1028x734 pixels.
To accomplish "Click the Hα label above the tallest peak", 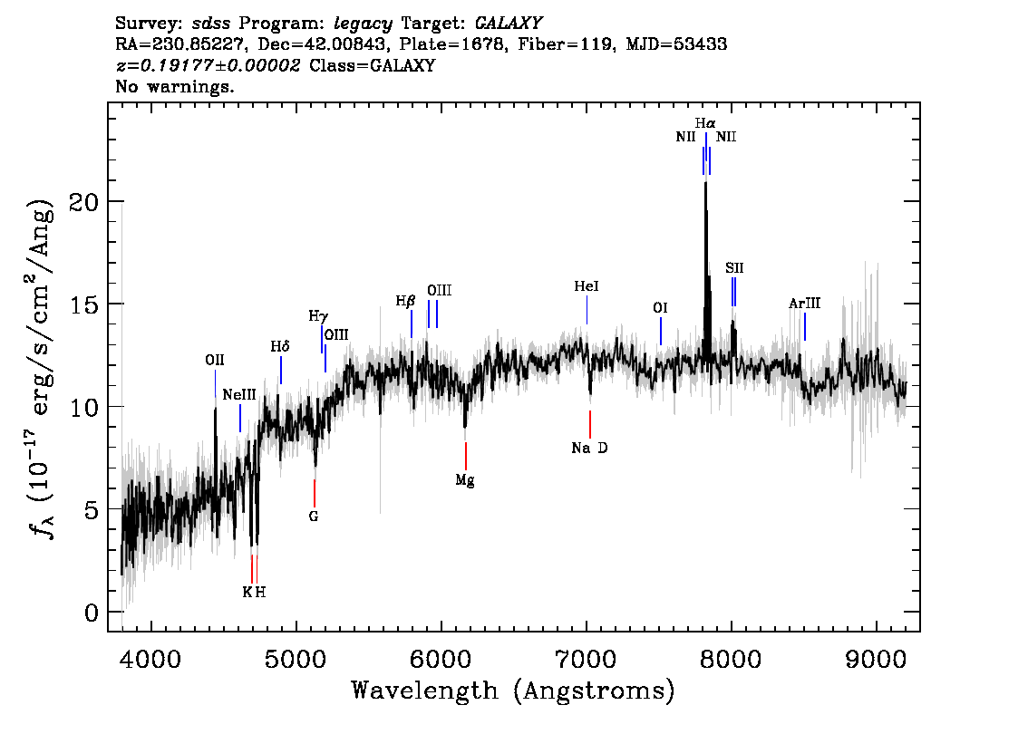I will pos(706,122).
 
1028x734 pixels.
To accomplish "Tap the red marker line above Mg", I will pos(466,455).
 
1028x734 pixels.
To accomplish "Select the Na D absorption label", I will pos(589,448).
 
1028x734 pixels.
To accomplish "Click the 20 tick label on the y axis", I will pos(84,201).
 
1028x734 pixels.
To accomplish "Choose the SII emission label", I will pos(734,268).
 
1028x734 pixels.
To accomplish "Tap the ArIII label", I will pos(804,304).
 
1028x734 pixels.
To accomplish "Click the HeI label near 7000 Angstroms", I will pos(587,286).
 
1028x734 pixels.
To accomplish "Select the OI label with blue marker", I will pos(660,308).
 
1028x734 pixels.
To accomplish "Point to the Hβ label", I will pos(405,300).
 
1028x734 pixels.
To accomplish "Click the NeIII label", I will pos(239,395).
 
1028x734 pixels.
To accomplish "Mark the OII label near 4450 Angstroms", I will pos(214,361).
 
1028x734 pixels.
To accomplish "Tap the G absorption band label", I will pos(314,517).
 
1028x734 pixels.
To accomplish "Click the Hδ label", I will pos(280,346).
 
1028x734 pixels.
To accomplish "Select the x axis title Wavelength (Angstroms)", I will pos(513,691).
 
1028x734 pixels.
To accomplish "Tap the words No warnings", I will pos(175,88).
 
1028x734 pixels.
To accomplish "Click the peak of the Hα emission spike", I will pos(706,181).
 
